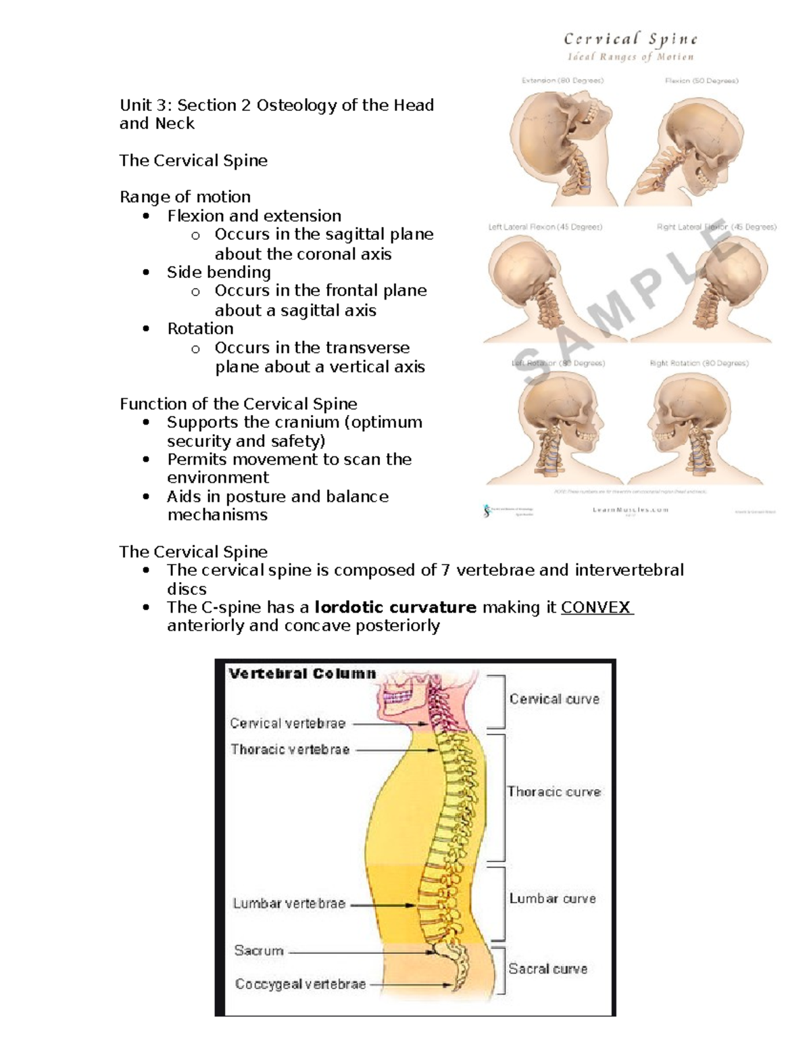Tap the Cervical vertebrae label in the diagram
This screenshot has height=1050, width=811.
[x=288, y=723]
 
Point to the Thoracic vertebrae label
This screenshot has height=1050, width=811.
[x=290, y=749]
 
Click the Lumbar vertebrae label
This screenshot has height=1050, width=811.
[x=289, y=903]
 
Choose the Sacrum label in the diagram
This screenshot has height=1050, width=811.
[x=259, y=951]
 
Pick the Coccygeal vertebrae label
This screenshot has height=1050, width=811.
[x=300, y=984]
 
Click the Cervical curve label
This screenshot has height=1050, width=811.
[x=554, y=699]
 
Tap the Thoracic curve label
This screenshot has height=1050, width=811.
[x=554, y=792]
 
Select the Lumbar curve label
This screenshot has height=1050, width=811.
[x=553, y=899]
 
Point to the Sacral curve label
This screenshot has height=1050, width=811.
[x=548, y=969]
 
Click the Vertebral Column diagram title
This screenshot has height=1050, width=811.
[x=302, y=673]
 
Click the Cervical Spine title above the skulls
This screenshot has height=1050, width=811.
[x=631, y=39]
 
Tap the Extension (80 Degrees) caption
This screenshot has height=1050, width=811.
[x=562, y=80]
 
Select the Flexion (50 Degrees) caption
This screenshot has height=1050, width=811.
[x=702, y=80]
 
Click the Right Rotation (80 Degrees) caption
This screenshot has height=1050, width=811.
[x=699, y=363]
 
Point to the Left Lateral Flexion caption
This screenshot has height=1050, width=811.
[x=545, y=227]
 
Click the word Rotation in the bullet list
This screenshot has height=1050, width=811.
[x=200, y=329]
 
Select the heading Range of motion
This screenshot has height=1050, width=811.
[x=185, y=197]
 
